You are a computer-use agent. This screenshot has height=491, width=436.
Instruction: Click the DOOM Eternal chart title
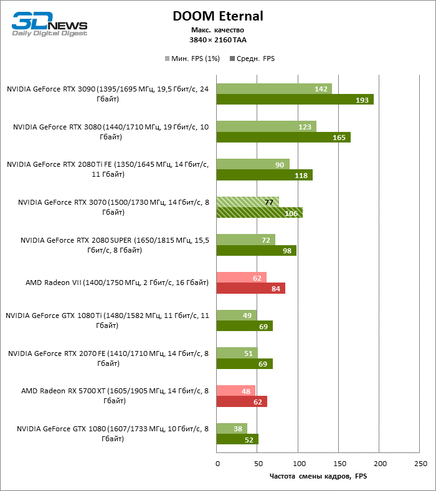(x=218, y=16)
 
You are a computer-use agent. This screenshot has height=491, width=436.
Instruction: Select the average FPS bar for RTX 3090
(x=295, y=100)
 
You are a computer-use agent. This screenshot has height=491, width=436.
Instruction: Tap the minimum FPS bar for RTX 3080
(x=266, y=126)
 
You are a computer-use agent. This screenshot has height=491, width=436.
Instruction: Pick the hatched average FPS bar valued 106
(x=259, y=213)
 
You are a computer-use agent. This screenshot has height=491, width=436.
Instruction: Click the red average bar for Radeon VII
(x=250, y=288)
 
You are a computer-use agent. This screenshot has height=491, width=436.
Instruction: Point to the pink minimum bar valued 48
(x=235, y=391)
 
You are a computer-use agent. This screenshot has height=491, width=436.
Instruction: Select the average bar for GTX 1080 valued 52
(x=237, y=439)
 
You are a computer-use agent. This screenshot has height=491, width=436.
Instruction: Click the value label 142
(x=321, y=89)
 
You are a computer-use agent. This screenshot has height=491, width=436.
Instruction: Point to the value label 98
(x=287, y=251)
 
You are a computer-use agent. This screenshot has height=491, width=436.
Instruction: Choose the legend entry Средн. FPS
(x=252, y=59)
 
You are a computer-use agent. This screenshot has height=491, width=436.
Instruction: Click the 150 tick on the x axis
(x=339, y=464)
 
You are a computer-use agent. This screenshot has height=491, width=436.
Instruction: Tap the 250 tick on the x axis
(x=420, y=464)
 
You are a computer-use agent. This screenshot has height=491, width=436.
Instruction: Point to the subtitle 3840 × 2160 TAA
(x=218, y=40)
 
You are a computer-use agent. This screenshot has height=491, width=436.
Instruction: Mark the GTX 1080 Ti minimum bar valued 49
(x=236, y=316)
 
